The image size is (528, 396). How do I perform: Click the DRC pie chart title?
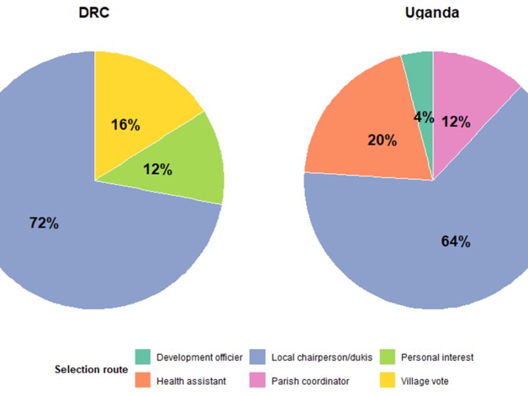coord(94,13)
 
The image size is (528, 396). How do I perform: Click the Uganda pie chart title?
coord(432,13)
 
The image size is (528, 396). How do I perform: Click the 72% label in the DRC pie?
coord(44,223)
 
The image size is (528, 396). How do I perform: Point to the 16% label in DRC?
coord(125,125)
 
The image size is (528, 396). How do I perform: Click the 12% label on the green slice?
coord(158,170)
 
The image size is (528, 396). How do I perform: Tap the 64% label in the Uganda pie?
coord(455,242)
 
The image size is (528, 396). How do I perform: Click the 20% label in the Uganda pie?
coord(382,140)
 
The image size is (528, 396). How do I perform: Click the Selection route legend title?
coord(91,370)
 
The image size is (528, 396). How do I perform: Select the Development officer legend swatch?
coord(143,357)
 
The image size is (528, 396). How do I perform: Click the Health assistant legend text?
coord(191,381)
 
